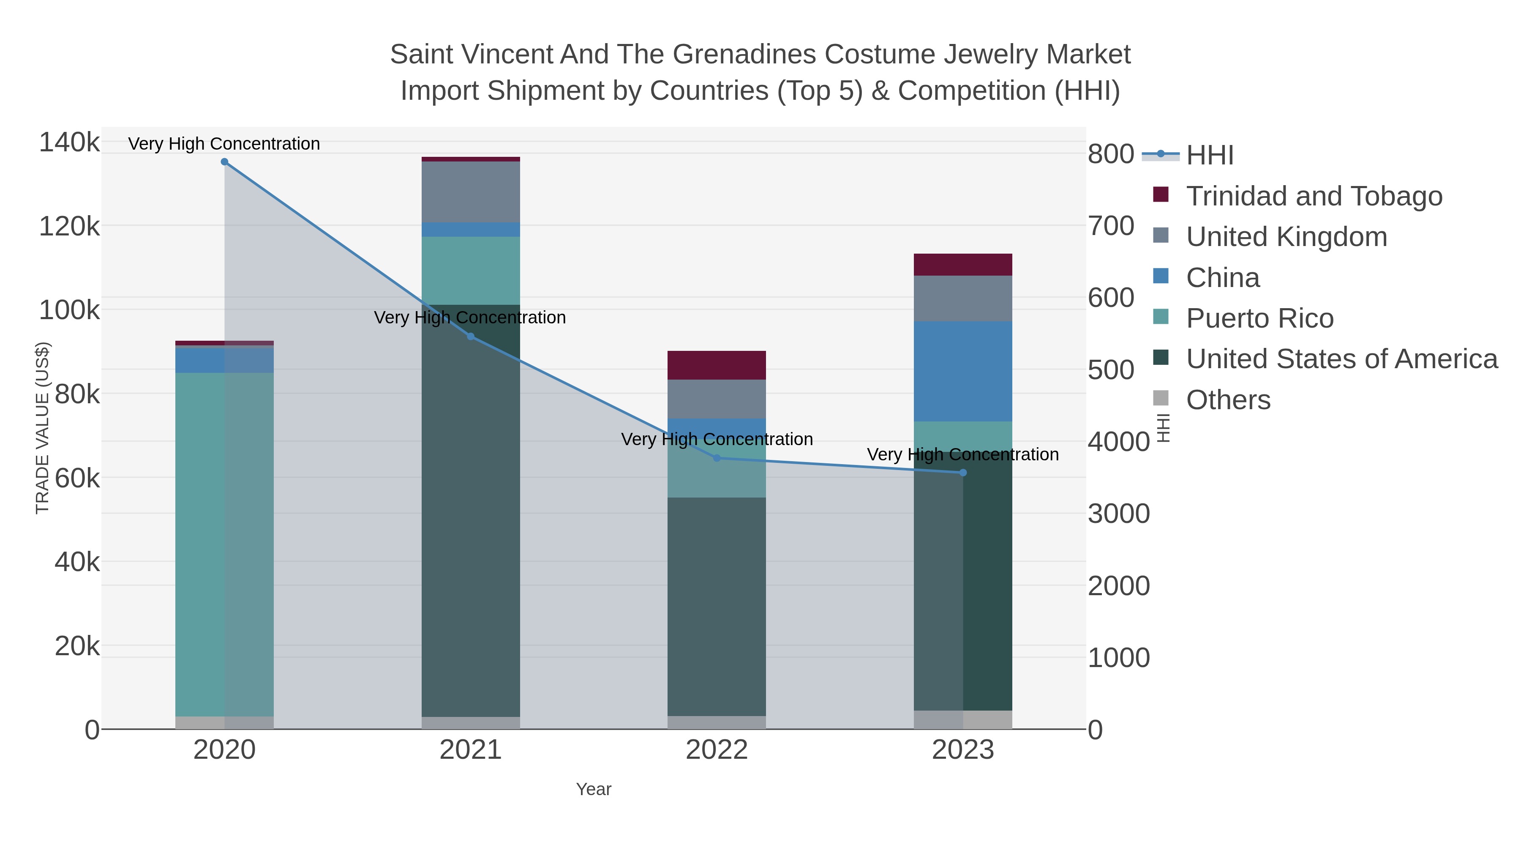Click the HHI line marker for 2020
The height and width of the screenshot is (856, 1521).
coord(224,162)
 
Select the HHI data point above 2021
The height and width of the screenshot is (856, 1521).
coord(471,337)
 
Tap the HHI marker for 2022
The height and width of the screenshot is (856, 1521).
coord(717,458)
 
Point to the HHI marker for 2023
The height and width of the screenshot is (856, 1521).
coord(963,473)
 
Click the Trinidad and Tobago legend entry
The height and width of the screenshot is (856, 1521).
coord(1314,196)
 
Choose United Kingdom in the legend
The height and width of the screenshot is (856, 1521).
coord(1286,237)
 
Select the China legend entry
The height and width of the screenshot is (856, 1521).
coord(1222,278)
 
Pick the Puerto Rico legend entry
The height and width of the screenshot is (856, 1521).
coord(1259,318)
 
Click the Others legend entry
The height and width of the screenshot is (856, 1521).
coord(1228,400)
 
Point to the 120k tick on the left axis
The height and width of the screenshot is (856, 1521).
coord(70,226)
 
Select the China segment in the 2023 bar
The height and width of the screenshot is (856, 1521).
coord(963,371)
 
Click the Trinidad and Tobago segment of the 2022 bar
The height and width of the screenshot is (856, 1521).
coord(717,365)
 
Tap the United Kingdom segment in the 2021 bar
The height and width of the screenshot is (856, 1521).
coord(471,191)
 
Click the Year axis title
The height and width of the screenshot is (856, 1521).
coord(594,789)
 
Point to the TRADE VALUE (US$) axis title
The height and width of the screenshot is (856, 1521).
coord(43,428)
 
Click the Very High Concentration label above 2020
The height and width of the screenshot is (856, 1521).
coord(224,144)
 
